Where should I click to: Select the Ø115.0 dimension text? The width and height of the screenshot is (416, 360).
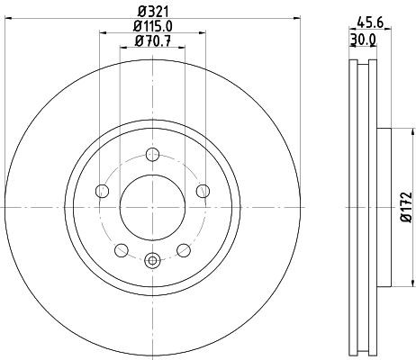[152, 26]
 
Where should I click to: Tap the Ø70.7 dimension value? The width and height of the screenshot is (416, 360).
[152, 40]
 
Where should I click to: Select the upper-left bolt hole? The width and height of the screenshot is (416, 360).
[102, 191]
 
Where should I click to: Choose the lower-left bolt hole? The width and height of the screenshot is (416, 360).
[121, 249]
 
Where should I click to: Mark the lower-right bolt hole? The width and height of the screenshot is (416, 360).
[184, 249]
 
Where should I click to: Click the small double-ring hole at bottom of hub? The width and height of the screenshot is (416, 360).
[152, 262]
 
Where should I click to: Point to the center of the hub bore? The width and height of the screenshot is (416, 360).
[152, 206]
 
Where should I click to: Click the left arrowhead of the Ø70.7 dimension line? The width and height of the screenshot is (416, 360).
[122, 50]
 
